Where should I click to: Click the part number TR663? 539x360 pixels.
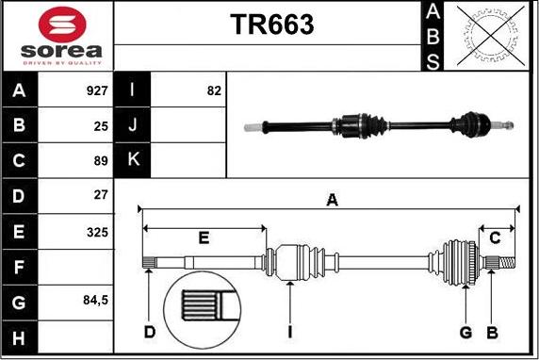pyautogui.click(x=272, y=25)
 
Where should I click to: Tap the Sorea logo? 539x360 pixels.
pyautogui.click(x=59, y=36)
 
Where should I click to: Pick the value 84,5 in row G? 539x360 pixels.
pyautogui.click(x=95, y=301)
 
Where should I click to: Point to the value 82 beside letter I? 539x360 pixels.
pyautogui.click(x=213, y=91)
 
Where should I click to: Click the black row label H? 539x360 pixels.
pyautogui.click(x=20, y=336)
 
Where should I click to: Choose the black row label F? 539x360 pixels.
pyautogui.click(x=20, y=267)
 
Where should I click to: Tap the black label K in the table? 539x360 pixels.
pyautogui.click(x=132, y=160)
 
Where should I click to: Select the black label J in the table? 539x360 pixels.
pyautogui.click(x=132, y=125)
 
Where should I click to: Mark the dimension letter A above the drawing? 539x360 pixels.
pyautogui.click(x=331, y=199)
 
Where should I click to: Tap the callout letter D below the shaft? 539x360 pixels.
pyautogui.click(x=149, y=332)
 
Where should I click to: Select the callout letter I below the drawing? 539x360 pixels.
pyautogui.click(x=290, y=332)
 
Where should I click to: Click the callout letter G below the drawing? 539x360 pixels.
pyautogui.click(x=465, y=332)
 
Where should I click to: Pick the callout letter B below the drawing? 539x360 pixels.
pyautogui.click(x=491, y=332)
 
